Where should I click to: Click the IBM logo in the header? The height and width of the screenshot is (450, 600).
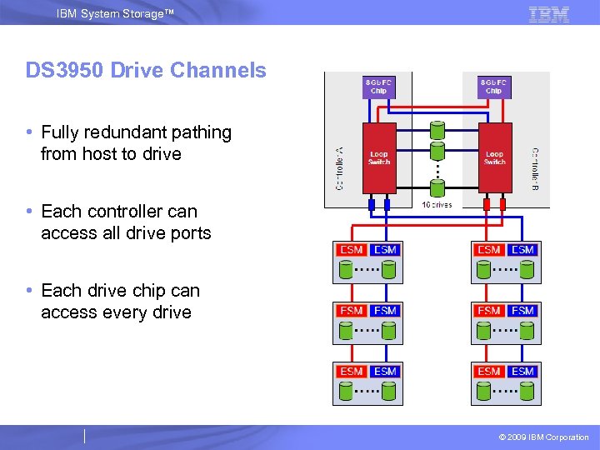[x=549, y=14]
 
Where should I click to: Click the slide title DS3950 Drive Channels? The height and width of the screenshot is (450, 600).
[x=146, y=71]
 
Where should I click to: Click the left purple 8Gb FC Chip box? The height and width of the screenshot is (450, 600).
[x=378, y=87]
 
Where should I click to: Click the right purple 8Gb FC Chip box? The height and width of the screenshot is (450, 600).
[x=494, y=87]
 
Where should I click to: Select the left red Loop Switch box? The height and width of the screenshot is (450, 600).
[x=378, y=157]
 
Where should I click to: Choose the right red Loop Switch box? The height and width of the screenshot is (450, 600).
[x=495, y=157]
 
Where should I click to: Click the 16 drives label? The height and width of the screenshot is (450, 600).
[x=437, y=204]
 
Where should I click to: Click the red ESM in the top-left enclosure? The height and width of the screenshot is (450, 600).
[x=352, y=250]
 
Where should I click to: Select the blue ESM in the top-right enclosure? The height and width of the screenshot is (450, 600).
[x=522, y=250]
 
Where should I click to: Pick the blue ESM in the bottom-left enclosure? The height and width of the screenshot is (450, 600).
[x=385, y=372]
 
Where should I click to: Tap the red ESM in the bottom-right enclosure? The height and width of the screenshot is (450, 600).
[x=489, y=372]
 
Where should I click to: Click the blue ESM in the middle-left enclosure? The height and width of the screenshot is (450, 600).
[x=385, y=311]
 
